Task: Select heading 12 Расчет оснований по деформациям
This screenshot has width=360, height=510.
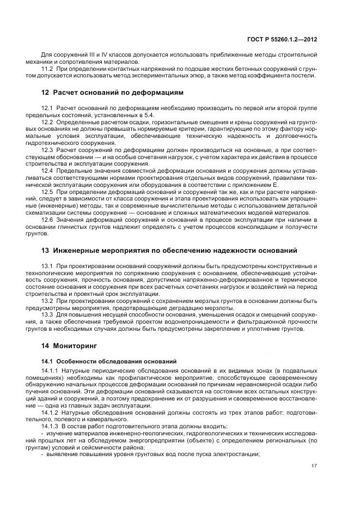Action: click(x=112, y=92)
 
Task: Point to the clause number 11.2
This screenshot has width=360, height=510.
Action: click(x=47, y=68)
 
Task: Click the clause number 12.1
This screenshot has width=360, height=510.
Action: click(x=47, y=109)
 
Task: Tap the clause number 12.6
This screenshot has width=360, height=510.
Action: click(x=47, y=219)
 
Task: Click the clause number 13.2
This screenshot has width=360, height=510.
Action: click(x=47, y=301)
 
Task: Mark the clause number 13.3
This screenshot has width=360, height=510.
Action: click(x=47, y=315)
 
